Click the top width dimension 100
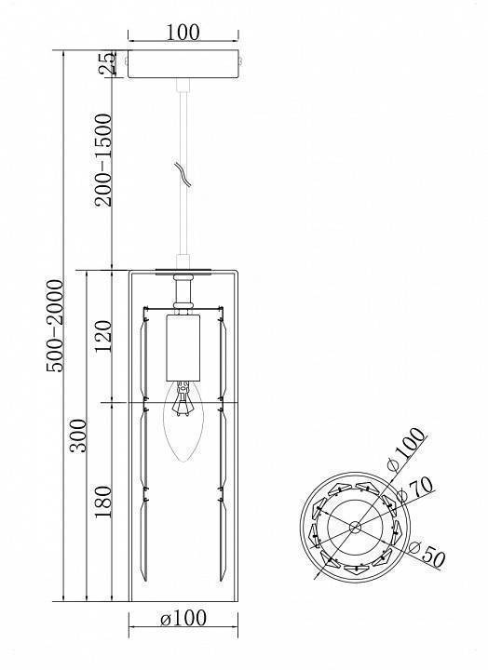point(183,32)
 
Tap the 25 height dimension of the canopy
point(107,63)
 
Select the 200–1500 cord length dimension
point(103,160)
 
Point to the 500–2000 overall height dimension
point(55,326)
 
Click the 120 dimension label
point(103,337)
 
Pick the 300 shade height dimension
point(79,435)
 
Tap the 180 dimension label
point(103,502)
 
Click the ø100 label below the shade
point(183,618)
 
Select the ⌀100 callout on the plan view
point(406,449)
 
